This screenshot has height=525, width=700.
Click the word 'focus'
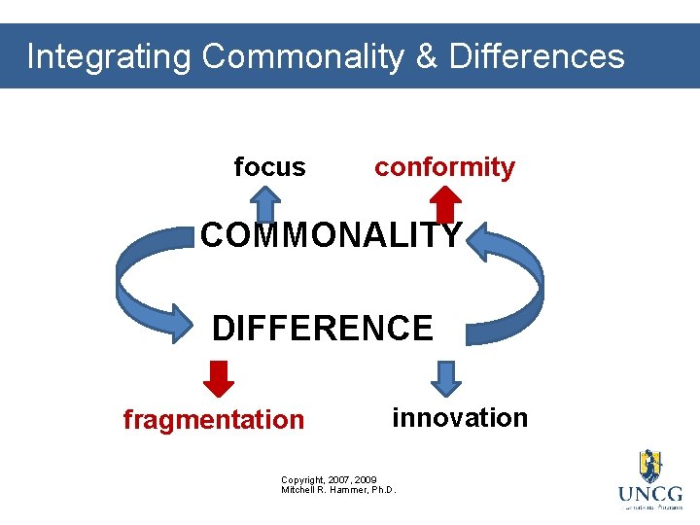point(269,167)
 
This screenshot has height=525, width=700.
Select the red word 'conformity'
point(444,167)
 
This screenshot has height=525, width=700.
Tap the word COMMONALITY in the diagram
point(331,235)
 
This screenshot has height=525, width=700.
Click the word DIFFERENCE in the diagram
point(322,329)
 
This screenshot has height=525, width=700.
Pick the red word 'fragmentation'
point(213,420)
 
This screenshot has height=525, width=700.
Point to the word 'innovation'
point(459,418)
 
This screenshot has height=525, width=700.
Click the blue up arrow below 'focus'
point(263,204)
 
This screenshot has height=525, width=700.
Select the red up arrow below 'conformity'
point(445,204)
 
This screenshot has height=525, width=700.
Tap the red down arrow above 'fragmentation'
point(221,379)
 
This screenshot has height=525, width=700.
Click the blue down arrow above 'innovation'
point(445,378)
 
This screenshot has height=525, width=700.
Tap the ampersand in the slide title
point(426,56)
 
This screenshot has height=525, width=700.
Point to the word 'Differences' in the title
point(536,56)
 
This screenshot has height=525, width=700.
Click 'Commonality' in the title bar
point(302,56)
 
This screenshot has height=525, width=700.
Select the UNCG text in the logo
point(649,494)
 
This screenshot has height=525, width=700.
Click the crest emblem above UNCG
point(649,466)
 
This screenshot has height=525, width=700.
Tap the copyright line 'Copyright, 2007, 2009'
point(329,480)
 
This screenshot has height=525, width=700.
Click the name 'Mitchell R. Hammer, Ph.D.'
point(338,490)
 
